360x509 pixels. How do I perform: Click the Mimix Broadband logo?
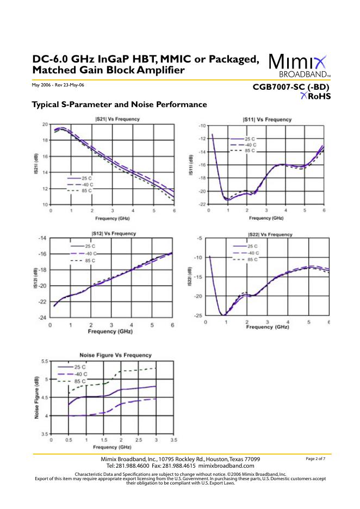(299, 65)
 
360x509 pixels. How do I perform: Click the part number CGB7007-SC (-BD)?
(291, 87)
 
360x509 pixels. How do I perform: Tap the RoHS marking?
(315, 96)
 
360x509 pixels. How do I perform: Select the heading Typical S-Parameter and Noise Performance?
(119, 104)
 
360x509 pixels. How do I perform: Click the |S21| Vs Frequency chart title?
(113, 119)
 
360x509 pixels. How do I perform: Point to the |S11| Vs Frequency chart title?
(267, 120)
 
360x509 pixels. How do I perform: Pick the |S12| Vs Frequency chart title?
(114, 233)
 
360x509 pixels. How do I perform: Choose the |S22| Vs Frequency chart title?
(270, 234)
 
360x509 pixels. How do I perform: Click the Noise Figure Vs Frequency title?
(108, 355)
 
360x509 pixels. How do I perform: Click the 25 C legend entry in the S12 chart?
(89, 247)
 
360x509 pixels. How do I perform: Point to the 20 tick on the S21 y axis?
(44, 125)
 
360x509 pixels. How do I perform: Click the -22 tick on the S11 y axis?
(201, 204)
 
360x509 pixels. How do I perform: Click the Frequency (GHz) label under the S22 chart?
(267, 327)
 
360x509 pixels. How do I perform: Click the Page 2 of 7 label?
(316, 459)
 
